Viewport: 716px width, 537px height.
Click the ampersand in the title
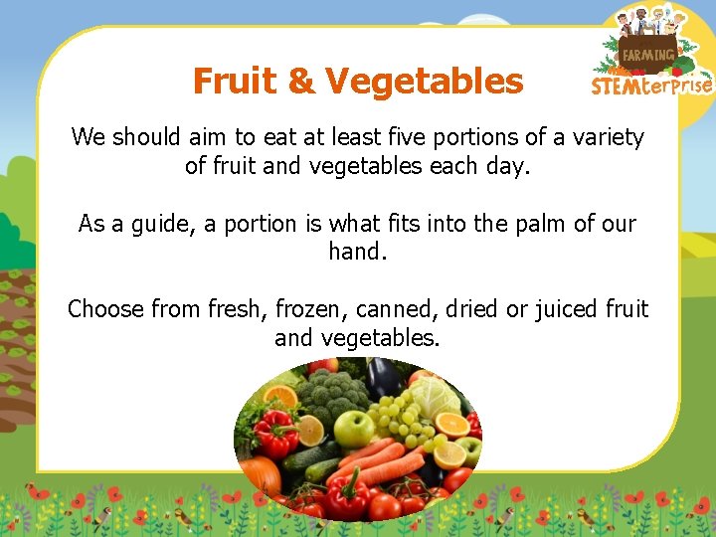coord(300,81)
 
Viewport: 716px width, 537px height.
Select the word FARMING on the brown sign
coord(649,55)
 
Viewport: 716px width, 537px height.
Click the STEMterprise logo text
coord(651,86)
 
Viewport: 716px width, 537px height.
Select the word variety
coord(608,137)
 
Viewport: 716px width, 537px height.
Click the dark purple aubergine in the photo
coord(383,378)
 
